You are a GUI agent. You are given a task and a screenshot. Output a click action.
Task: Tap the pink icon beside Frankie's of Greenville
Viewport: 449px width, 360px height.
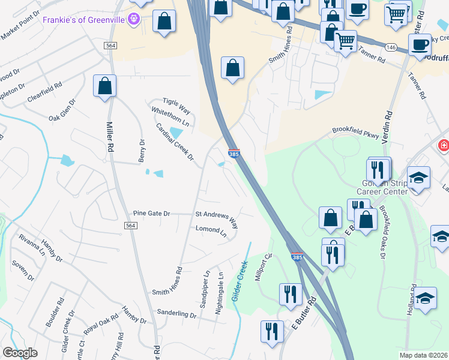click(133, 20)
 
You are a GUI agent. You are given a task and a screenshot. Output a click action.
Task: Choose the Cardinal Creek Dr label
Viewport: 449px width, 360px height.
click(175, 142)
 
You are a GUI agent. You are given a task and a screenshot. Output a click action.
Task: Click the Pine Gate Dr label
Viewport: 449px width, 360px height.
click(152, 214)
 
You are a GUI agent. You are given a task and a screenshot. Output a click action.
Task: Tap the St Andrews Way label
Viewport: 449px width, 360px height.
click(217, 219)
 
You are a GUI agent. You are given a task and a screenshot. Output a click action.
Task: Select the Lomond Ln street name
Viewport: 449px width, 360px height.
click(211, 230)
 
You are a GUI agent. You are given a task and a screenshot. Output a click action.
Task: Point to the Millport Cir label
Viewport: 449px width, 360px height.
click(265, 264)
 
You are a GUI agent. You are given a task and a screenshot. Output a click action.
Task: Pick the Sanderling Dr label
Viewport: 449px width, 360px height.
click(176, 314)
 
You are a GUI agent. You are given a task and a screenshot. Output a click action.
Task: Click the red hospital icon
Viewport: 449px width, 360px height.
click(443, 145)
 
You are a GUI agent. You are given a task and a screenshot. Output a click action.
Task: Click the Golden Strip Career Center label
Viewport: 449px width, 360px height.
click(382, 187)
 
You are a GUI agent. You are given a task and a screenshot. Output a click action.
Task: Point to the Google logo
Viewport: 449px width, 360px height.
click(20, 353)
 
